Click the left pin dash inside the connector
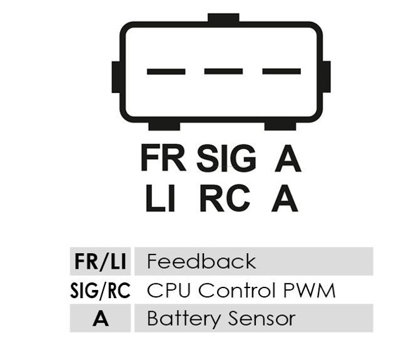[x=166, y=71]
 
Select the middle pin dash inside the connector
[x=223, y=71]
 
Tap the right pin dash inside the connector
[x=281, y=71]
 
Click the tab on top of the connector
[x=223, y=19]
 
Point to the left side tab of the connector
[x=116, y=77]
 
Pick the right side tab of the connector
[x=326, y=77]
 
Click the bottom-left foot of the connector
[x=164, y=126]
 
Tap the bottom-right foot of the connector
[x=280, y=126]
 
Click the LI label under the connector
[x=160, y=199]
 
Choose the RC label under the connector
[x=225, y=199]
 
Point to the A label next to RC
[x=285, y=199]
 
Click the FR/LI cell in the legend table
[x=100, y=261]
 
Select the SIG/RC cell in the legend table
[x=100, y=291]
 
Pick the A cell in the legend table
[x=100, y=319]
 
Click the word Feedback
[x=201, y=261]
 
